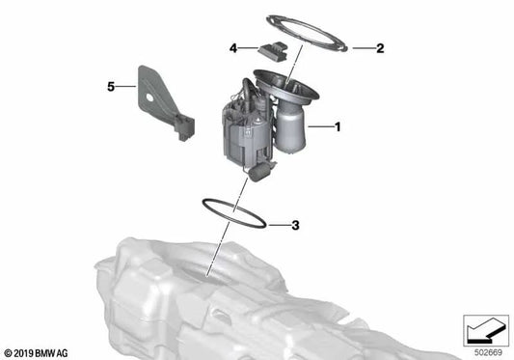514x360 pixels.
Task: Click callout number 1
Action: point(338,126)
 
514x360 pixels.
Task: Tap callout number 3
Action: point(296,226)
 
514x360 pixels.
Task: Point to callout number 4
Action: point(232,46)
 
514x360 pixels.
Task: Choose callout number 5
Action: point(111,87)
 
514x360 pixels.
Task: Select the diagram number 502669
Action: point(485,349)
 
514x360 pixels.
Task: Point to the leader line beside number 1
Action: point(317,126)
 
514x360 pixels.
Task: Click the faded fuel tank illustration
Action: point(241,299)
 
